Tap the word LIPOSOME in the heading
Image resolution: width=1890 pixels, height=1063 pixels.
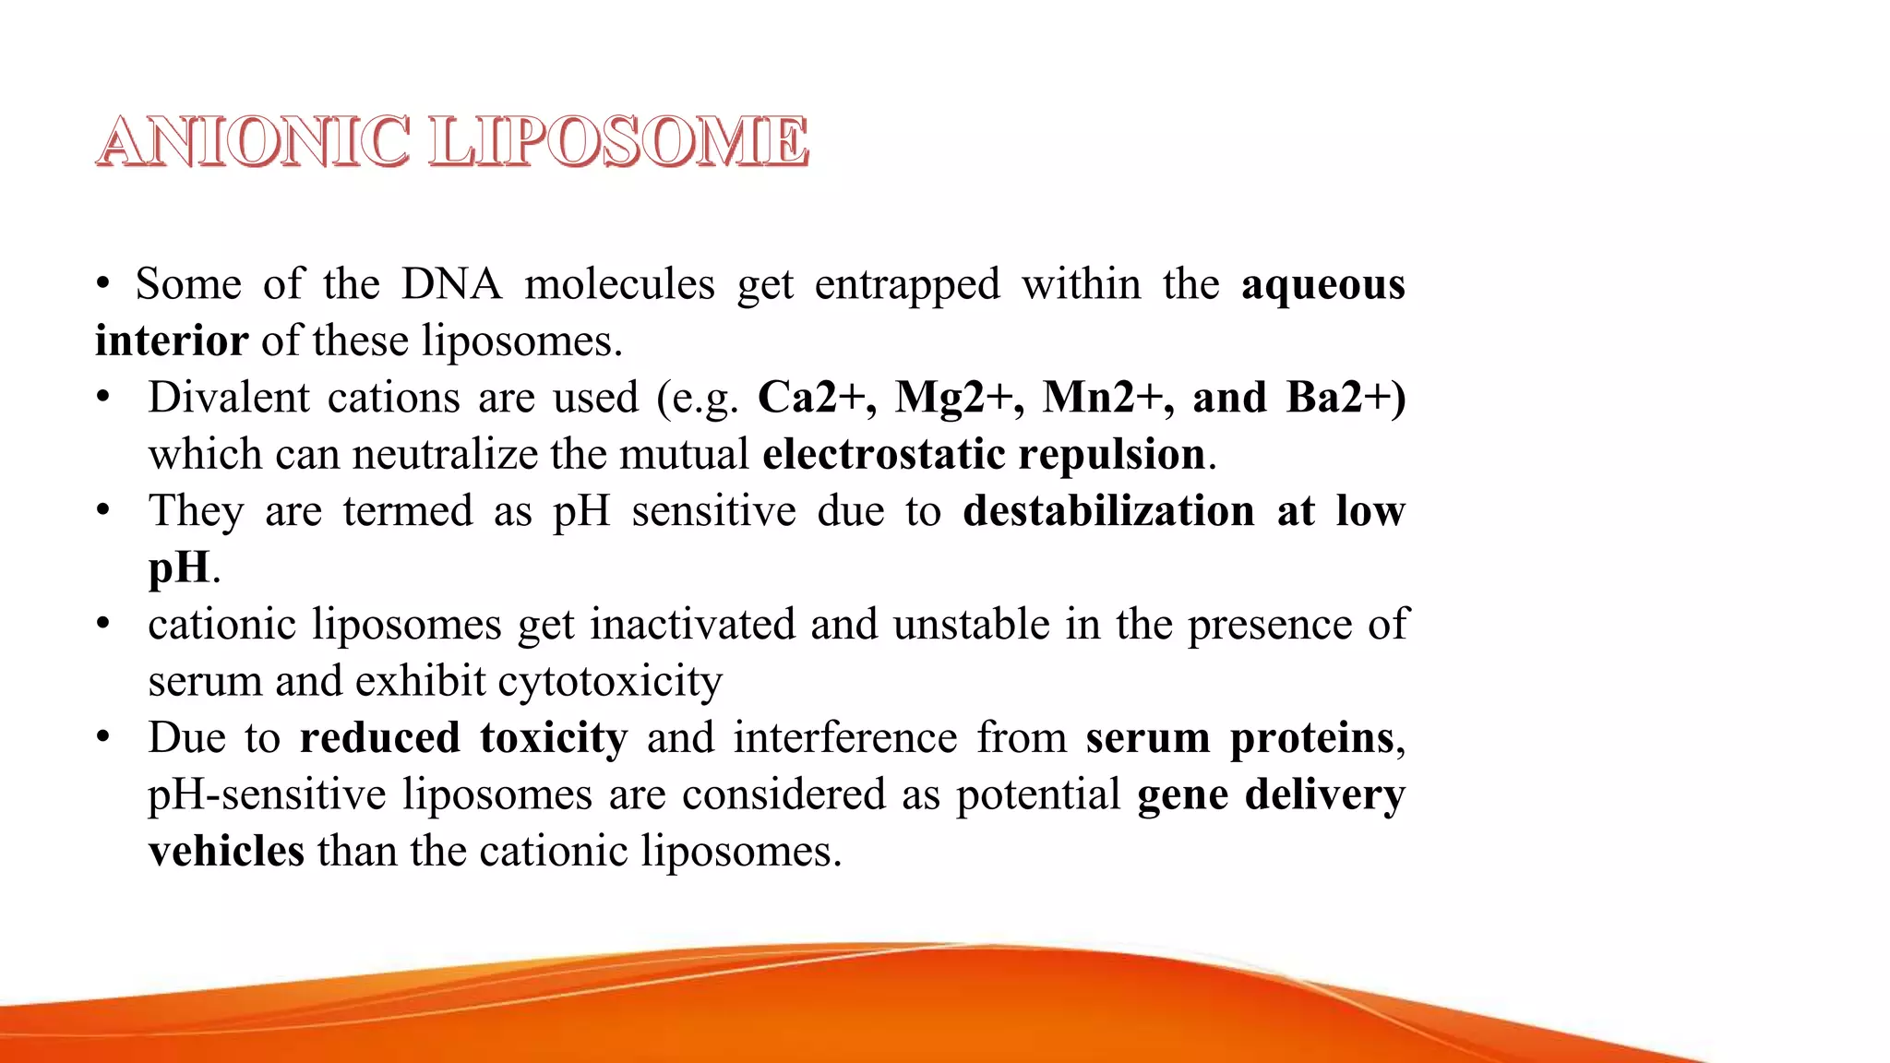(619, 143)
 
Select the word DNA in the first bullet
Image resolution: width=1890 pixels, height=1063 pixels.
(451, 284)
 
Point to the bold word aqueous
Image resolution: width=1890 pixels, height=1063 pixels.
(1322, 284)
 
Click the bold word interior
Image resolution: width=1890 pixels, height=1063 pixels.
(172, 340)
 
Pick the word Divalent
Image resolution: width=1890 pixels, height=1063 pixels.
(229, 398)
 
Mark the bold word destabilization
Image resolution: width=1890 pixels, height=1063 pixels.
(1108, 510)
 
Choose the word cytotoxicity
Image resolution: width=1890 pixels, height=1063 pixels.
(610, 681)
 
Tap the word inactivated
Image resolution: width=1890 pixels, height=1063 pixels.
(692, 625)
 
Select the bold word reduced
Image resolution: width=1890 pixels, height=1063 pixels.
(379, 737)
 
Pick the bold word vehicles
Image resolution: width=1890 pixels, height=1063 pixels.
(226, 851)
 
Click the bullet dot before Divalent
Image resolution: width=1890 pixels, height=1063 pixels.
(103, 398)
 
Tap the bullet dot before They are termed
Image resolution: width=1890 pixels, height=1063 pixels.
(103, 510)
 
